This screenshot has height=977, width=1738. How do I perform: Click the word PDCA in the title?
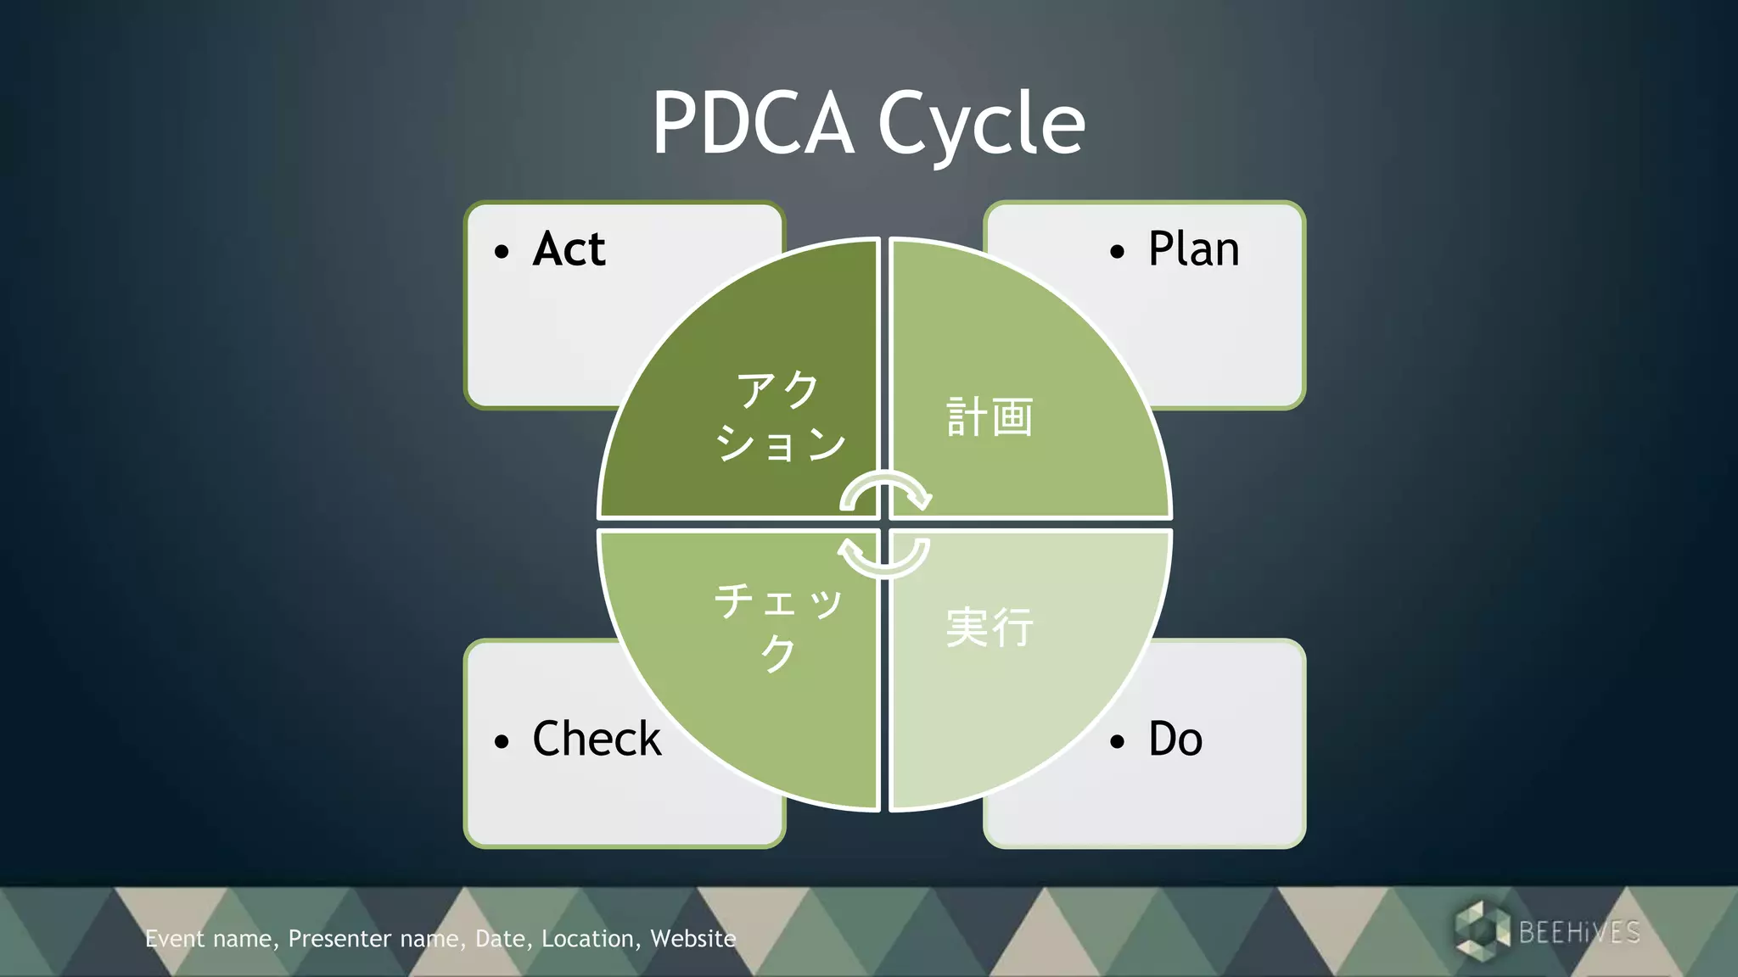tap(753, 124)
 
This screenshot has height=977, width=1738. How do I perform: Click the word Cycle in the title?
tap(981, 124)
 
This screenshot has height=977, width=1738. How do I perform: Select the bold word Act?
tap(569, 249)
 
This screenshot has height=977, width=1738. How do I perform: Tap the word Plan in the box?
tap(1193, 249)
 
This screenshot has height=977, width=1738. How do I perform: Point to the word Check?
tap(597, 739)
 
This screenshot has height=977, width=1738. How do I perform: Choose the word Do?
tap(1175, 739)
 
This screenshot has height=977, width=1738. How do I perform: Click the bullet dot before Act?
tap(502, 252)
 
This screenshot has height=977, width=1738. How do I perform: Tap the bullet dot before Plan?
tap(1117, 252)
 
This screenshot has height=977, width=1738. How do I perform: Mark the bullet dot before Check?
tap(502, 742)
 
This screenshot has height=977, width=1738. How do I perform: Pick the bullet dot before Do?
tap(1117, 742)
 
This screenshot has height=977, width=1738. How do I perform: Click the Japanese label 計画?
tap(990, 417)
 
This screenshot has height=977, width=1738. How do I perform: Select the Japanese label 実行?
tap(990, 628)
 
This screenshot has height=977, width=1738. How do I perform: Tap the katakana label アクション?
tap(780, 416)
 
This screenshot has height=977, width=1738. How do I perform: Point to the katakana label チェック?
tap(778, 627)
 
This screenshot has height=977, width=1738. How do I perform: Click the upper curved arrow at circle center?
tap(885, 491)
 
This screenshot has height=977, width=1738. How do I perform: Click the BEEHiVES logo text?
tap(1579, 932)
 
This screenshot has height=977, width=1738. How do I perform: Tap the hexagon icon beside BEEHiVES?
tap(1482, 931)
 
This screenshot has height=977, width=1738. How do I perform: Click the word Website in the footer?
tap(692, 939)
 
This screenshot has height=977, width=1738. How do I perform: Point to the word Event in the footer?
tap(175, 939)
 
